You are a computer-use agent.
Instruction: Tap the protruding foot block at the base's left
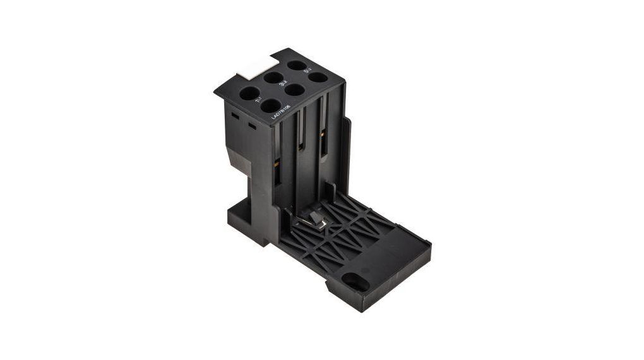point(243,218)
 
